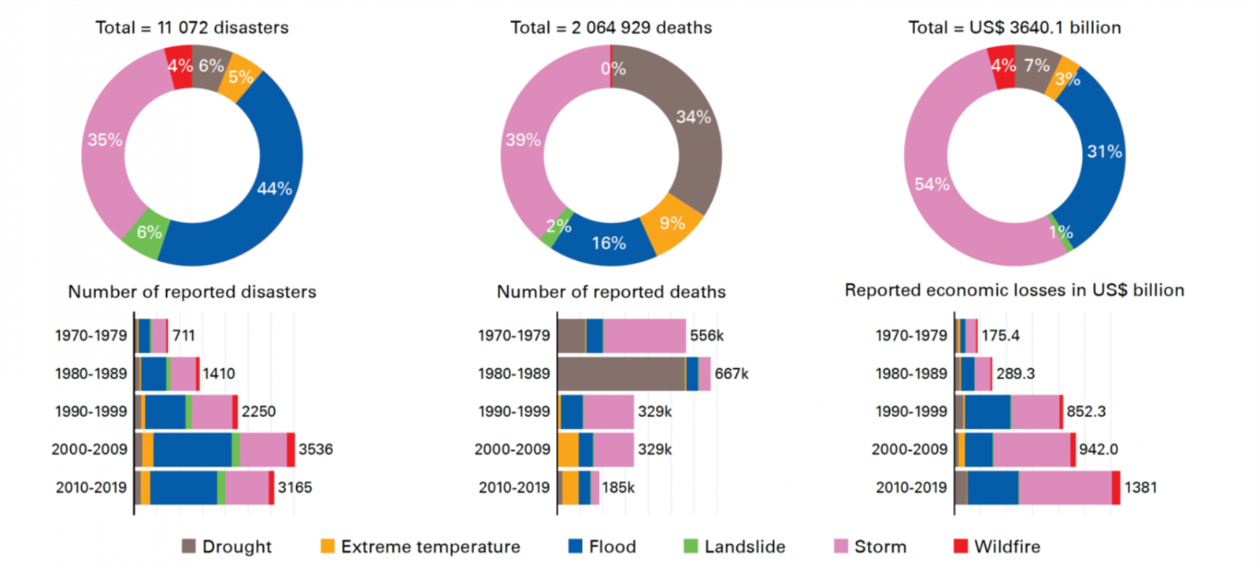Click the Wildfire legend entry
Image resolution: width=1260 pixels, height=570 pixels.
pyautogui.click(x=997, y=546)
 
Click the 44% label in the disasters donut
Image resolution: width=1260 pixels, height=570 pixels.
pyautogui.click(x=274, y=188)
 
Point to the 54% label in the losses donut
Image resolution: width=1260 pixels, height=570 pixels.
pyautogui.click(x=932, y=184)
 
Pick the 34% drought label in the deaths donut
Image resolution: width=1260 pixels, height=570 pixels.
pyautogui.click(x=693, y=117)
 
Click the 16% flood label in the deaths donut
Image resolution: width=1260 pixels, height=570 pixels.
pyautogui.click(x=609, y=244)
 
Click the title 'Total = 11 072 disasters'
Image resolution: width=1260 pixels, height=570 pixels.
pyautogui.click(x=192, y=28)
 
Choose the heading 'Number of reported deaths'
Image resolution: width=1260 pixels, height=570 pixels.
pyautogui.click(x=611, y=292)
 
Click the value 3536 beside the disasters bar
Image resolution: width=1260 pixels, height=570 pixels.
pyautogui.click(x=315, y=449)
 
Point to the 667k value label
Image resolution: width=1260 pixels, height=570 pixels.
pyautogui.click(x=732, y=374)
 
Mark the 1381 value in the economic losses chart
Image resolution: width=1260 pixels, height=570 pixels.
pyautogui.click(x=1140, y=487)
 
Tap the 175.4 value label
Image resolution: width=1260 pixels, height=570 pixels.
pyautogui.click(x=1000, y=336)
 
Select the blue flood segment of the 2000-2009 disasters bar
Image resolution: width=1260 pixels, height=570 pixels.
pyautogui.click(x=192, y=449)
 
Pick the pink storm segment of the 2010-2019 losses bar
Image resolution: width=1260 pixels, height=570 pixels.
pyautogui.click(x=1065, y=487)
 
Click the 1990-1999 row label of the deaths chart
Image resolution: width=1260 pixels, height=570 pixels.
pyautogui.click(x=514, y=412)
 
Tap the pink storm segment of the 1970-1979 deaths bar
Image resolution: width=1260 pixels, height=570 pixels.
pyautogui.click(x=644, y=336)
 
